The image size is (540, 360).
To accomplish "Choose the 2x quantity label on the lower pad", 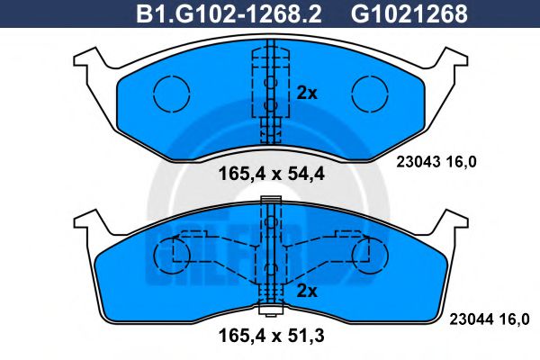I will (307, 291).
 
